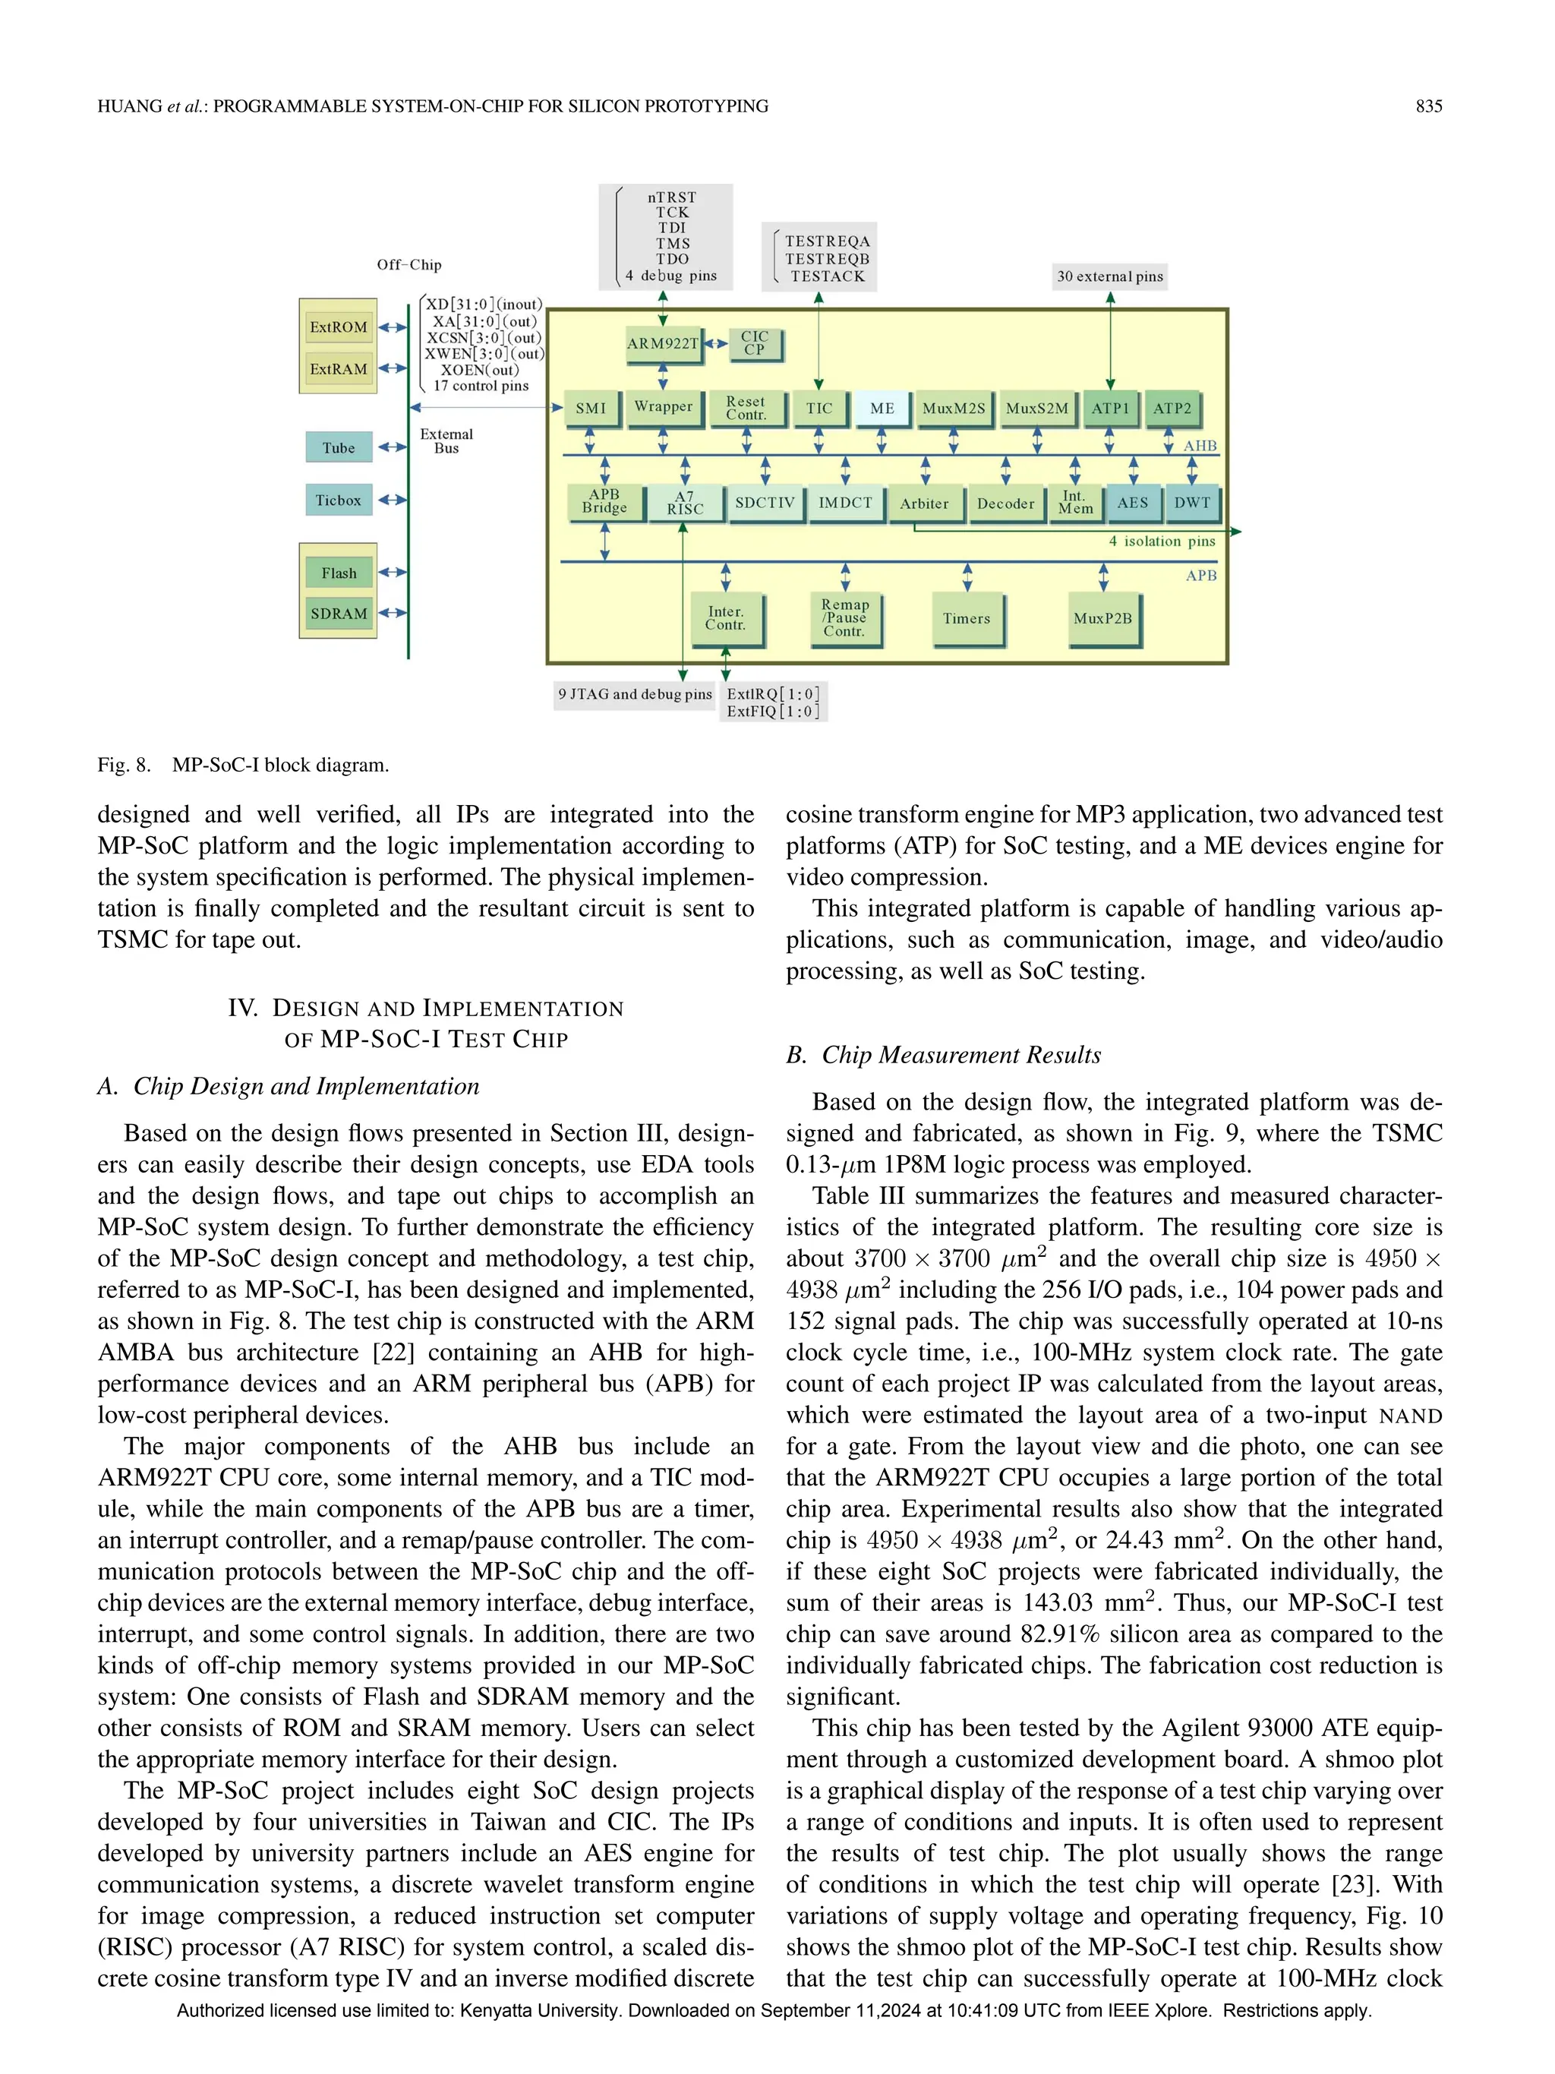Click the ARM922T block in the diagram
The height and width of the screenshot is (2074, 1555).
[x=663, y=343]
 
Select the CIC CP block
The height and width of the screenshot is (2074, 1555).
[x=755, y=343]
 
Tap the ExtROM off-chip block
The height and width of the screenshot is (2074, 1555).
[x=339, y=327]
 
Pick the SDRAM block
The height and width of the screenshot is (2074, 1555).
[x=339, y=613]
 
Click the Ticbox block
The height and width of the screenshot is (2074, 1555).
[x=339, y=500]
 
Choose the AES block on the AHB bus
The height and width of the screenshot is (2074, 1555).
[x=1132, y=503]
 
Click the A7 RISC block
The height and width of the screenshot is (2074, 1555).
[x=685, y=503]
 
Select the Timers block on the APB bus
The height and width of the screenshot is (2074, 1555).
[x=967, y=618]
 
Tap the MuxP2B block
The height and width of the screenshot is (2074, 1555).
[x=1103, y=618]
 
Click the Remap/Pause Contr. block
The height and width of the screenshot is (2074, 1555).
[x=844, y=618]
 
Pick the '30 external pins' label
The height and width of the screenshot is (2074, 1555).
[x=1110, y=276]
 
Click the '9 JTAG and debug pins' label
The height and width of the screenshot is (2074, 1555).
[x=635, y=695]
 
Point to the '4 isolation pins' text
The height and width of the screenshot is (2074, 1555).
[x=1162, y=541]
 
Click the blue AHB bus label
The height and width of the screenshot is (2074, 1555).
[x=1199, y=445]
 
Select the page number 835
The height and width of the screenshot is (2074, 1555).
[x=1428, y=106]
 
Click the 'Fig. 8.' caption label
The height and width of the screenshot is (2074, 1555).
[x=124, y=765]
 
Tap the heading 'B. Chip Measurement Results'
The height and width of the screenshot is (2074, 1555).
[x=943, y=1055]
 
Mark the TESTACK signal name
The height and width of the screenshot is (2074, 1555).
[x=827, y=276]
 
